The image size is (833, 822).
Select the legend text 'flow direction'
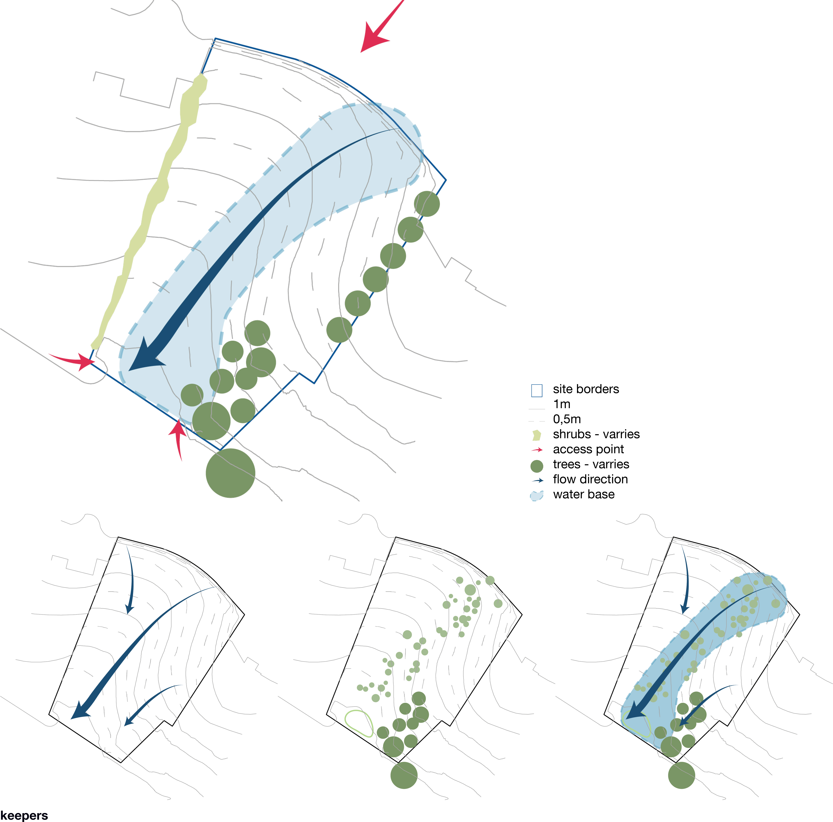(x=590, y=479)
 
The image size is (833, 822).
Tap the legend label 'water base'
(x=584, y=494)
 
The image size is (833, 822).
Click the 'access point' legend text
(x=588, y=449)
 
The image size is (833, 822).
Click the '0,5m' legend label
(x=567, y=419)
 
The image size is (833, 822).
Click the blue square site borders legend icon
(x=537, y=390)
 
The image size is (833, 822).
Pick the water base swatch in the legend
(x=537, y=496)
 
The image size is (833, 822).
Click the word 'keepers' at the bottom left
(x=24, y=815)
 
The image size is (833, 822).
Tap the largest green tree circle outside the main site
(x=231, y=473)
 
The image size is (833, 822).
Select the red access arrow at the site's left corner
(x=73, y=361)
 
